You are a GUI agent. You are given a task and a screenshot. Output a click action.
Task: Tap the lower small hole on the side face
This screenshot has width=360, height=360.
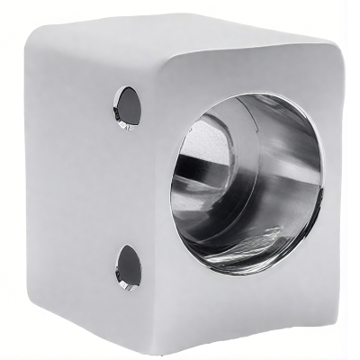coord(129,267)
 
